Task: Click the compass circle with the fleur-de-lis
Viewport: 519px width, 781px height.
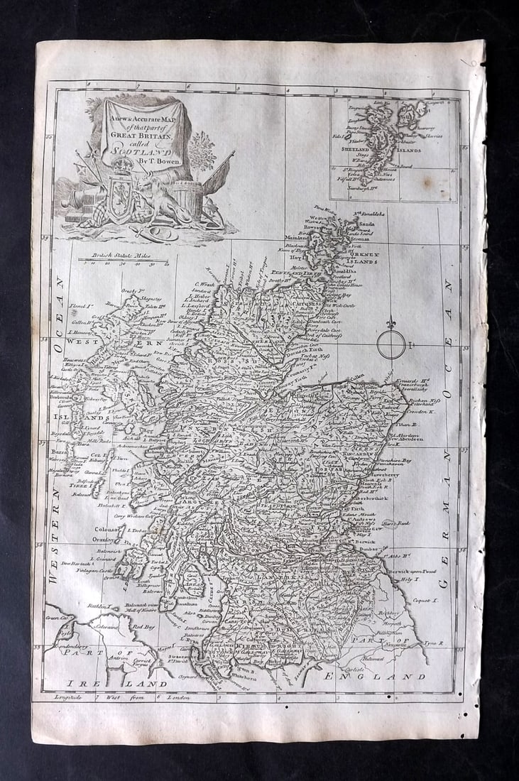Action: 390,344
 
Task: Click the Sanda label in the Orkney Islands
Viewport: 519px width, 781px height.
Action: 367,224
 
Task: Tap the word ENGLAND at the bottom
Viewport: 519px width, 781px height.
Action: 374,677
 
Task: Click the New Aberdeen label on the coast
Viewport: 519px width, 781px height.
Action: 403,439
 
